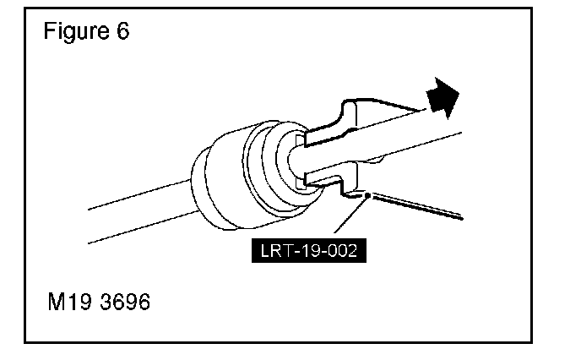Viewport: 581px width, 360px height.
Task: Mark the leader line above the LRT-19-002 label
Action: [x=347, y=219]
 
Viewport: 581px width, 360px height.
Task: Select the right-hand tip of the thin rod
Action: [x=462, y=218]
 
